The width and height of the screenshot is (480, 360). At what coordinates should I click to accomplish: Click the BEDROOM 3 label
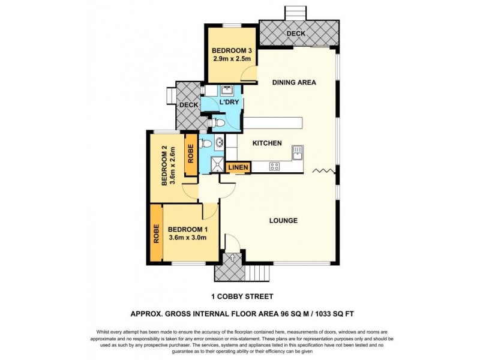(231, 50)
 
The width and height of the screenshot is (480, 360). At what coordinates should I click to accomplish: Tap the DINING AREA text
(293, 83)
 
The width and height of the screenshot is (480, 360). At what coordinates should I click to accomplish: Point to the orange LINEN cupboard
(238, 167)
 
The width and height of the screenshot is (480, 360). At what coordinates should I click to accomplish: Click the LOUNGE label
(284, 220)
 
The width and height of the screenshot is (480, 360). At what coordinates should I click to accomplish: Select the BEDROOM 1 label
(187, 229)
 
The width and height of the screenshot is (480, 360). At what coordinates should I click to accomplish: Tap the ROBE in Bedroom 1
(155, 233)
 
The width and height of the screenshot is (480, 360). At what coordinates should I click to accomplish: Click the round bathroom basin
(219, 143)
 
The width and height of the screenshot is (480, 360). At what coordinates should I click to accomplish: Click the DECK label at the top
(295, 34)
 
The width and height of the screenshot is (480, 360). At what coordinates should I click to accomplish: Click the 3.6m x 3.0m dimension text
(187, 237)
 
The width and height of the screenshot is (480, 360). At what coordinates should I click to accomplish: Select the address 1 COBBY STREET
(242, 296)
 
